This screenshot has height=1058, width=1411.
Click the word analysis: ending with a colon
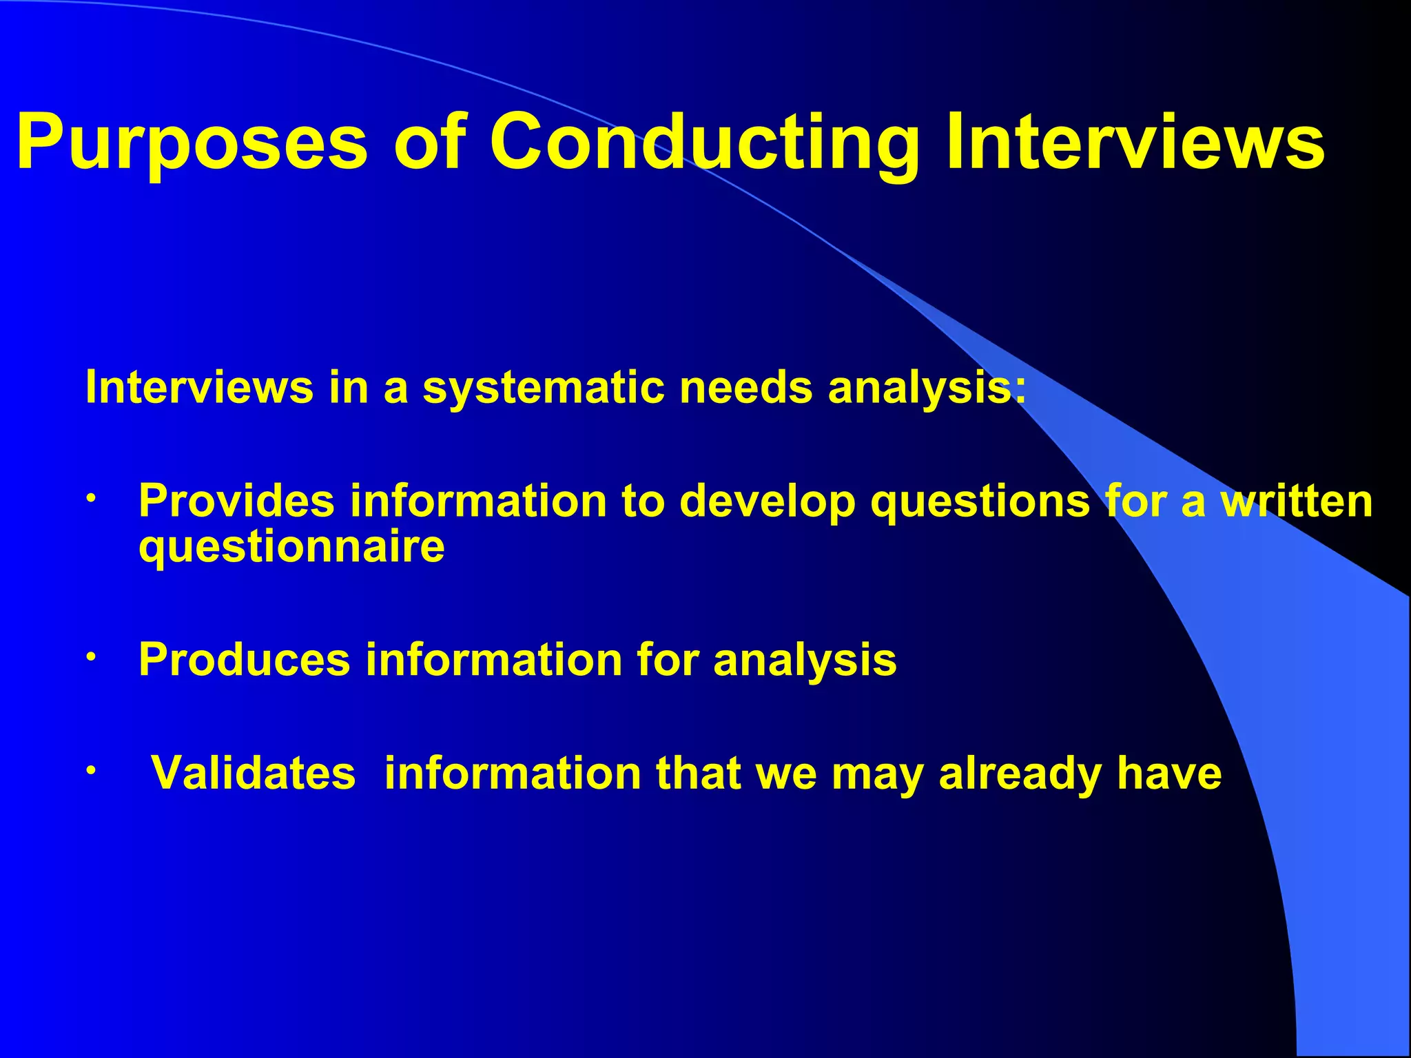927,388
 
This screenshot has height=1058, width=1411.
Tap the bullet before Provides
90,497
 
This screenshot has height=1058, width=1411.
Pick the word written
1297,501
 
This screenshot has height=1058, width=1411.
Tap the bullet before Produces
90,656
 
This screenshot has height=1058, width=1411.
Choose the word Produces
245,660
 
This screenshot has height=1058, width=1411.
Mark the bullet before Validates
90,770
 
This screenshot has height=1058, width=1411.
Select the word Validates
253,773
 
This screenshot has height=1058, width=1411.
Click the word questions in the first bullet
980,502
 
